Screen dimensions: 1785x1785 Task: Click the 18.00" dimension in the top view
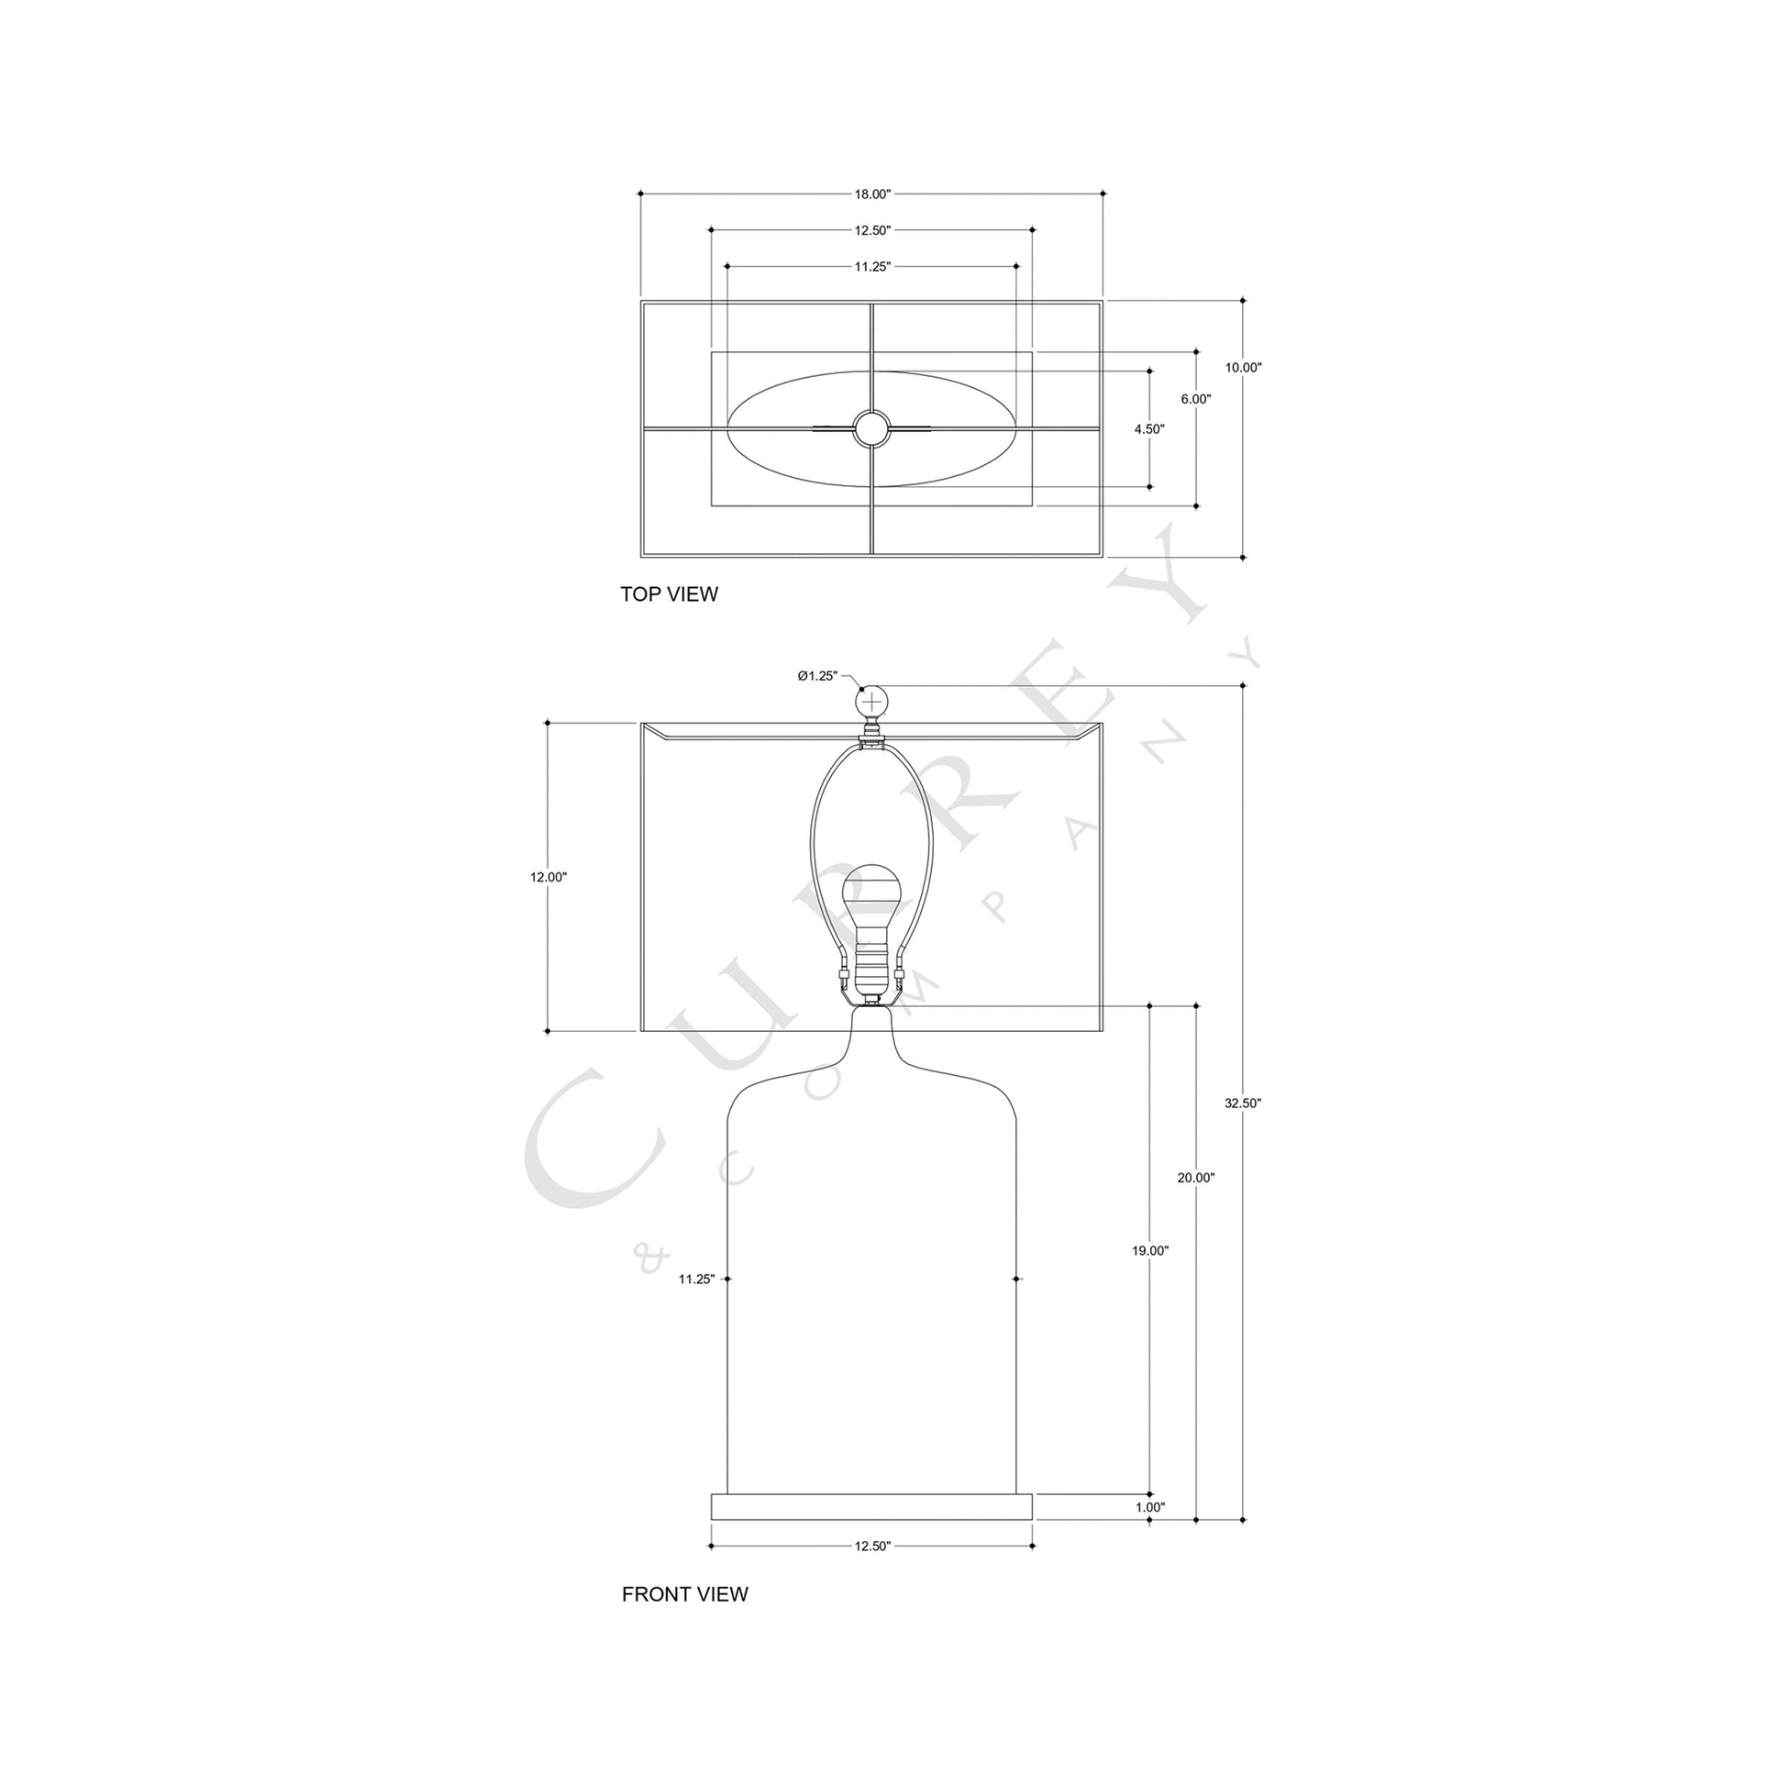(871, 194)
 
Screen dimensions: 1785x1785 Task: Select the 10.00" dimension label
(1243, 367)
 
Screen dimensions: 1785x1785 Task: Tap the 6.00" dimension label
(1195, 399)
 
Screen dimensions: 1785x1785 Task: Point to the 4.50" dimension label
(1149, 428)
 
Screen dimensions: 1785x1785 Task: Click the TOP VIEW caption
(669, 594)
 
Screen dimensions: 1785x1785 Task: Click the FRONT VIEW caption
(684, 1594)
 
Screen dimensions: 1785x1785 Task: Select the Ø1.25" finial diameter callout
(817, 675)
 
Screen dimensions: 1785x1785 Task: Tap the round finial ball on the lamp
(872, 704)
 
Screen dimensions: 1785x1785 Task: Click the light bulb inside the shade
(871, 896)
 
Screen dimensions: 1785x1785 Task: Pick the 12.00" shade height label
(548, 877)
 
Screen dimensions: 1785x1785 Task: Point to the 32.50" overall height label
(1243, 1103)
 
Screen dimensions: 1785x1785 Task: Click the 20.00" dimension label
(1195, 1177)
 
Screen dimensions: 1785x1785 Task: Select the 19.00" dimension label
(1150, 1250)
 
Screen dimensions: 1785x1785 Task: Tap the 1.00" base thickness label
(1150, 1507)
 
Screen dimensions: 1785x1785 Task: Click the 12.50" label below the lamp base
(871, 1546)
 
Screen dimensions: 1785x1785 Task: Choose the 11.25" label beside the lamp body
(696, 1279)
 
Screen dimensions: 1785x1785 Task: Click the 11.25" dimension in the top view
(871, 267)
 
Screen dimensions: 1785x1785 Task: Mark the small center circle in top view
(871, 427)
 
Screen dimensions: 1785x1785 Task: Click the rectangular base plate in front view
(871, 1507)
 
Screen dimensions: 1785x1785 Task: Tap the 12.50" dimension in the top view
(871, 230)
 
